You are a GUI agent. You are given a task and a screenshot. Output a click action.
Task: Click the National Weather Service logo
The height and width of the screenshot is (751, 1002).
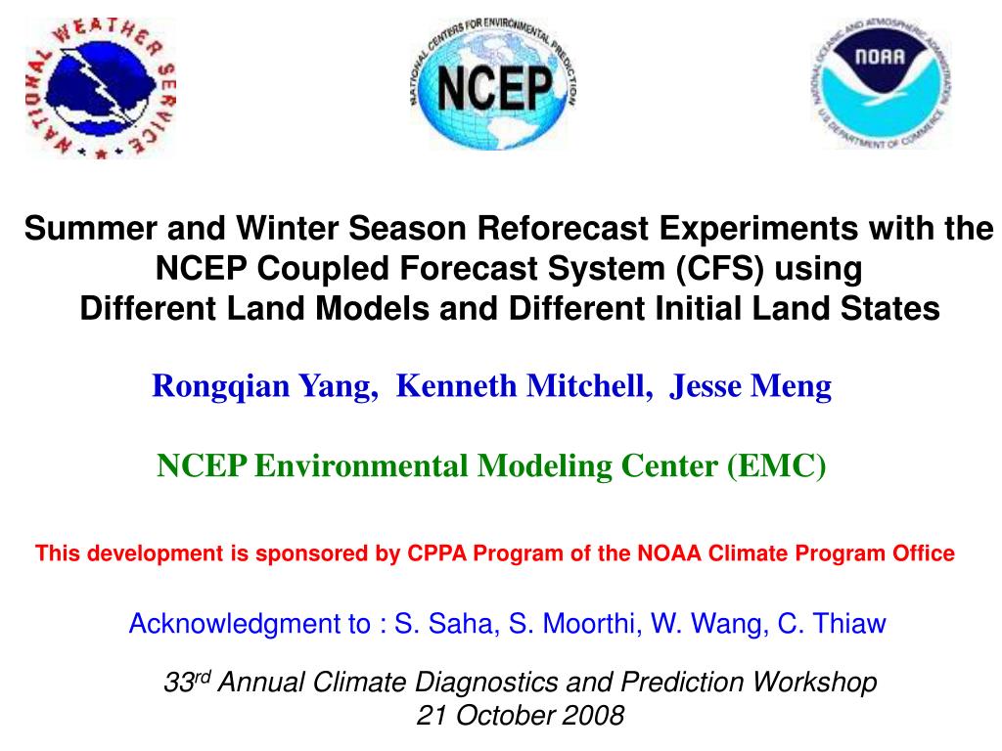101,88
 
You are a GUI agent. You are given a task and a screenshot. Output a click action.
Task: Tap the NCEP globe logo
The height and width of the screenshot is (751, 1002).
493,84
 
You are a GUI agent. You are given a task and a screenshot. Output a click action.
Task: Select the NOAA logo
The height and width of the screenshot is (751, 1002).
882,83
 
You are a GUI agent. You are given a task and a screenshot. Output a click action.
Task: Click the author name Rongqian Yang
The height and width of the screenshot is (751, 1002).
264,386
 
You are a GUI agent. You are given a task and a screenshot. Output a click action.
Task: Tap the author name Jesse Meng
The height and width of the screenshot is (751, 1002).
751,386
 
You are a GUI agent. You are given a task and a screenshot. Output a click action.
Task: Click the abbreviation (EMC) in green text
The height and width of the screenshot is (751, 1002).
776,465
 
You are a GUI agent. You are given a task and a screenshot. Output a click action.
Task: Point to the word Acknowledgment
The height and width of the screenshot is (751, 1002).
250,623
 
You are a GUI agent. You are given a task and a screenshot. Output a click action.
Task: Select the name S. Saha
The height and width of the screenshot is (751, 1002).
446,623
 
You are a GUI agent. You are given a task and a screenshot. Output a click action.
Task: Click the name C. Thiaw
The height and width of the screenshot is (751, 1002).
832,623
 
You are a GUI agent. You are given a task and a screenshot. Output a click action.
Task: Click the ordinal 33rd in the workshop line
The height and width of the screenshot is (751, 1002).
187,682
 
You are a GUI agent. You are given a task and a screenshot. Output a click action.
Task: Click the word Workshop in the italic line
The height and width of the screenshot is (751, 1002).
813,682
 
